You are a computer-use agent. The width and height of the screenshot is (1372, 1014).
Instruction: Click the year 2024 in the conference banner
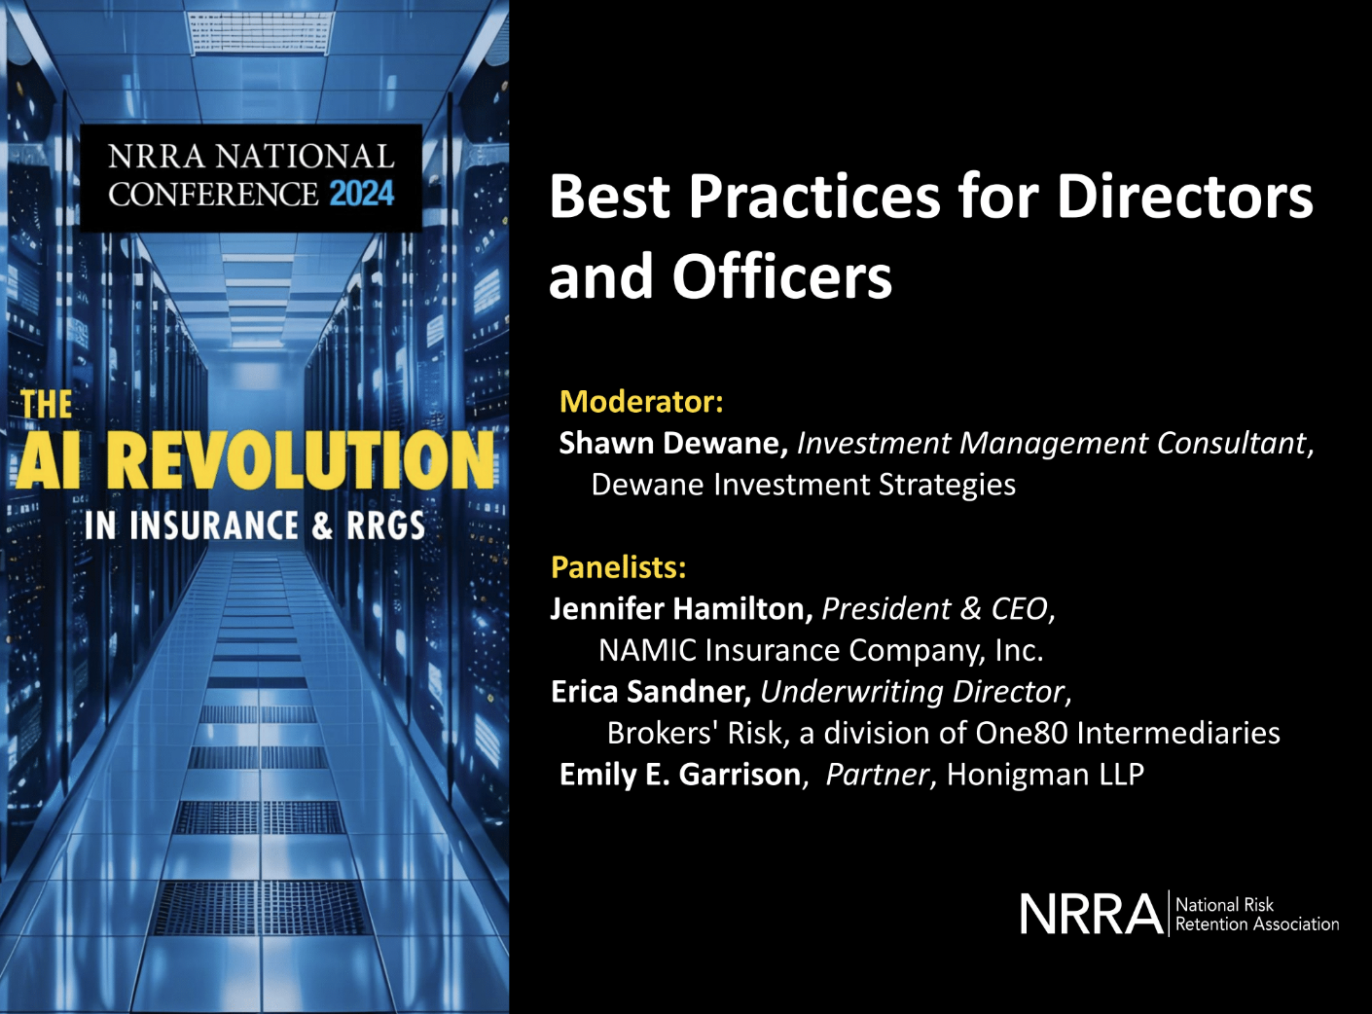[361, 194]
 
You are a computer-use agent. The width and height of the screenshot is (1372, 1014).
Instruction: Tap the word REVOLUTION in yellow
[301, 461]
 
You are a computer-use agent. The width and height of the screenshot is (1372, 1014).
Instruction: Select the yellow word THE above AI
[47, 405]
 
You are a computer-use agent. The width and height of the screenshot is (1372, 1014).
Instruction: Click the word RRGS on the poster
[386, 526]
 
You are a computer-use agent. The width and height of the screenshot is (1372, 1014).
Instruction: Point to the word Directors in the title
[1184, 197]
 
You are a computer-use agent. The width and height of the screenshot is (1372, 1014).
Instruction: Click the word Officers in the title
[781, 277]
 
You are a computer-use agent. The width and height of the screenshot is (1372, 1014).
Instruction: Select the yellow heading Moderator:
[641, 401]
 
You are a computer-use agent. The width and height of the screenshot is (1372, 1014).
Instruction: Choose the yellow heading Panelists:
[619, 566]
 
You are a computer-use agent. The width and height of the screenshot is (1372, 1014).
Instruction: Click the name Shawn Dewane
[672, 444]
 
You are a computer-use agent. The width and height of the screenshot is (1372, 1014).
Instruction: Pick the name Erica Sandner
[650, 692]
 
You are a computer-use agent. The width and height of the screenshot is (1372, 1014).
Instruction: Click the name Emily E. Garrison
[680, 775]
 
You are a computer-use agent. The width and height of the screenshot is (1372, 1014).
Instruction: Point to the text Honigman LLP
[1045, 775]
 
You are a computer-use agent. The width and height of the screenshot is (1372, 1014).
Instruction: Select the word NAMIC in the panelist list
[646, 650]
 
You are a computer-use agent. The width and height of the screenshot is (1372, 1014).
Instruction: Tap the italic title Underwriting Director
[913, 692]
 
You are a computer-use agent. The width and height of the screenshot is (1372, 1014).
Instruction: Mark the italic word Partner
[877, 775]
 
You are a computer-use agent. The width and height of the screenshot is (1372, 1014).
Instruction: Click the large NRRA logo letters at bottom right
[1091, 915]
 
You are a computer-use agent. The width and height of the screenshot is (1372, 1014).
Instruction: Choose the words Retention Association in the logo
[1256, 924]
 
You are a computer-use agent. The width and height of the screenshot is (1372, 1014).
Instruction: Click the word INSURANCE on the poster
[214, 526]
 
